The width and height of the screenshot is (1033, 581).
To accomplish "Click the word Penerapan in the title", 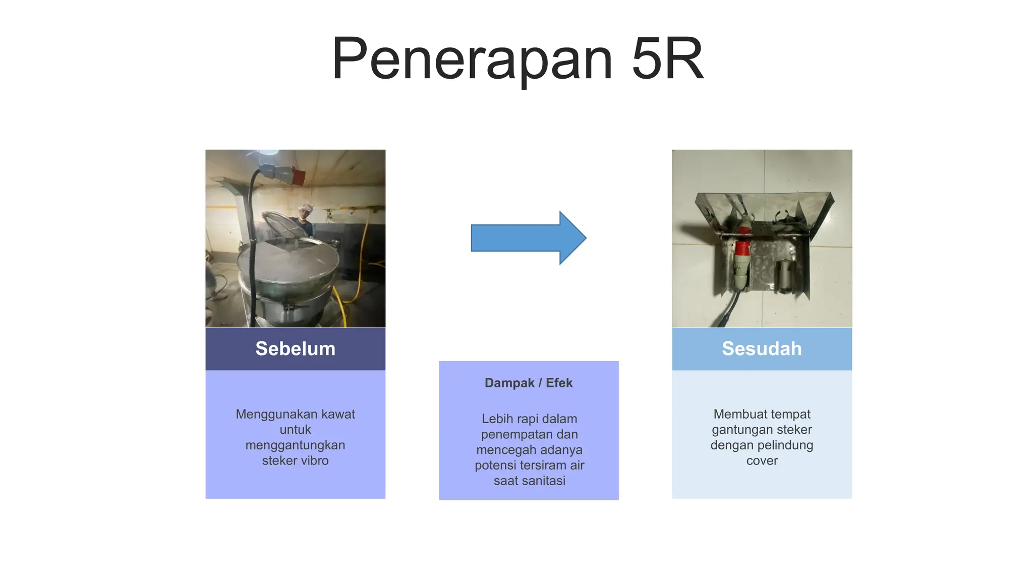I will coord(472,59).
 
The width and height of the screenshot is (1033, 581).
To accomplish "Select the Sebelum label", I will coord(295,348).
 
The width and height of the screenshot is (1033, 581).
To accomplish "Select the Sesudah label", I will coord(762,348).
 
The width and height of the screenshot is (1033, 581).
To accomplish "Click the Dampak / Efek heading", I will coord(529,383).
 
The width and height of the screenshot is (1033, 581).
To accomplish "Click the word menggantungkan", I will coord(295,445).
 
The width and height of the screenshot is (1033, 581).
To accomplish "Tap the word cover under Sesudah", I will coord(762,460).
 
